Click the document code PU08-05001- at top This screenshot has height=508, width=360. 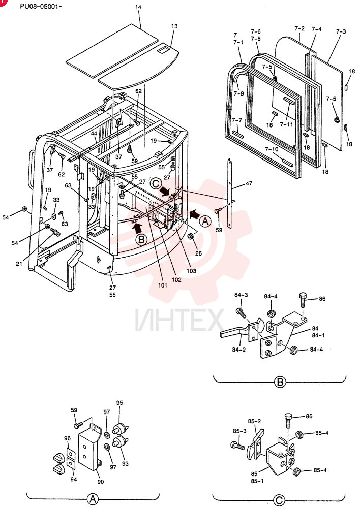(41, 6)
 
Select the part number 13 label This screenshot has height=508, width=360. (174, 26)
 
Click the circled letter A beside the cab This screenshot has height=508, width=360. (205, 221)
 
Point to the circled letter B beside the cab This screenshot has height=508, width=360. (142, 240)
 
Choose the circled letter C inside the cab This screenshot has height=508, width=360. (156, 183)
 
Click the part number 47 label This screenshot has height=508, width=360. (249, 183)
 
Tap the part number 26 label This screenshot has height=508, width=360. (198, 253)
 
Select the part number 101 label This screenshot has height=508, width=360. (163, 285)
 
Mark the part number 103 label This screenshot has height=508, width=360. (191, 271)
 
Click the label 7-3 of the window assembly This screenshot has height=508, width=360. (341, 31)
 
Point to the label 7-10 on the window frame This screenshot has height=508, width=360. (272, 149)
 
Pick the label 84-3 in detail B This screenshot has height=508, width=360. (241, 295)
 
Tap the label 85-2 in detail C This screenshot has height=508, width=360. (254, 421)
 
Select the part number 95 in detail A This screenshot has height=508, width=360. (119, 403)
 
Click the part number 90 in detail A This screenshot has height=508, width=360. (101, 482)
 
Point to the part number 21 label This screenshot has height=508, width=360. (19, 264)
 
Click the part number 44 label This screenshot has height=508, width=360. (94, 134)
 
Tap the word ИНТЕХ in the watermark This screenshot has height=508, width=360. (179, 321)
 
